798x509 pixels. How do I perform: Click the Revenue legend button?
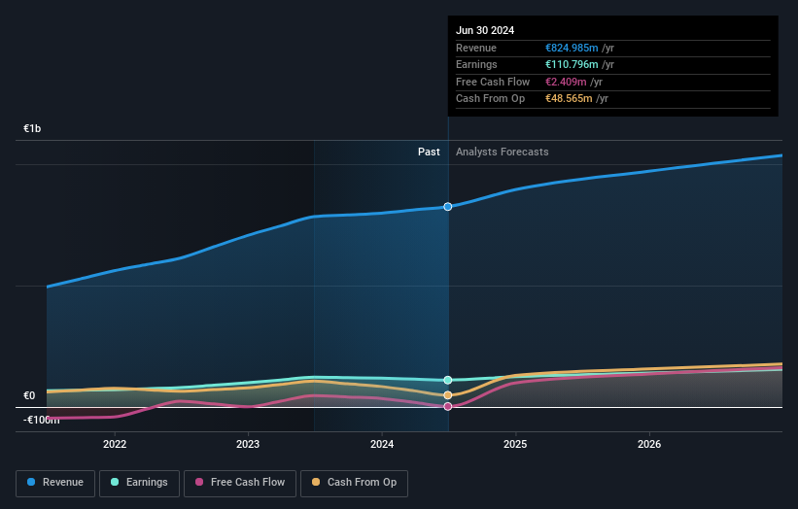click(x=55, y=482)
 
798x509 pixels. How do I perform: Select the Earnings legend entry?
click(x=139, y=482)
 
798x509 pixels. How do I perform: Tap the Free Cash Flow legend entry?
click(x=237, y=482)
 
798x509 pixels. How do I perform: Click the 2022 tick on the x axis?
click(x=115, y=444)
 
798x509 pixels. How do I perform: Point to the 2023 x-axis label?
click(x=248, y=444)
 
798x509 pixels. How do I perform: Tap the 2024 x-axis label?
click(x=382, y=444)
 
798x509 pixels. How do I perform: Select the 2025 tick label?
click(x=515, y=444)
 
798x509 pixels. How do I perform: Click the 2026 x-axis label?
click(x=649, y=444)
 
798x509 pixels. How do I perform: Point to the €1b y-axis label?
click(x=33, y=129)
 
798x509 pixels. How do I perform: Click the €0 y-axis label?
click(x=29, y=396)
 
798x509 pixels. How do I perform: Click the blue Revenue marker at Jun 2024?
click(x=448, y=207)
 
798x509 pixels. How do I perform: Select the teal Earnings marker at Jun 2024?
click(x=448, y=380)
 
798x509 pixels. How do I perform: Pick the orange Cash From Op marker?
click(x=448, y=395)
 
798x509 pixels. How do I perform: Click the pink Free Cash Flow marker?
click(x=448, y=406)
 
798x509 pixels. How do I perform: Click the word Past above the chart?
click(x=429, y=152)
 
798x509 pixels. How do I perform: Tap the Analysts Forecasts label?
click(x=502, y=152)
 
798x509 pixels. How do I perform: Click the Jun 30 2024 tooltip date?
click(x=484, y=30)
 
